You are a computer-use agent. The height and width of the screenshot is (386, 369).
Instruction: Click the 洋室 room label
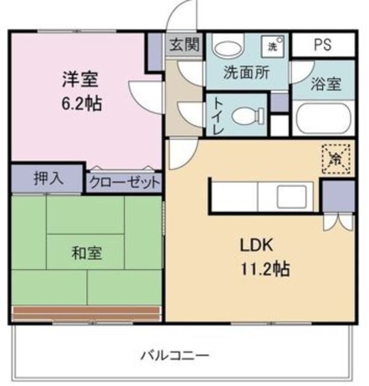pyautogui.click(x=79, y=80)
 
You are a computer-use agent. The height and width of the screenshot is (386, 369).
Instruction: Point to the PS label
pyautogui.click(x=323, y=45)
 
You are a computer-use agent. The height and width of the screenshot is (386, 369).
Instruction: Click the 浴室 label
pyautogui.click(x=326, y=84)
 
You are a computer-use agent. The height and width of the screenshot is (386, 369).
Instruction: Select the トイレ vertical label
pyautogui.click(x=216, y=115)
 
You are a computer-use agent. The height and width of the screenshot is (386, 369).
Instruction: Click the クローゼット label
pyautogui.click(x=125, y=182)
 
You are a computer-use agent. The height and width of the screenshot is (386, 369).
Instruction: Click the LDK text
pyautogui.click(x=257, y=245)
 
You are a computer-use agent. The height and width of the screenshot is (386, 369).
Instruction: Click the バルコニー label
pyautogui.click(x=175, y=355)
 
